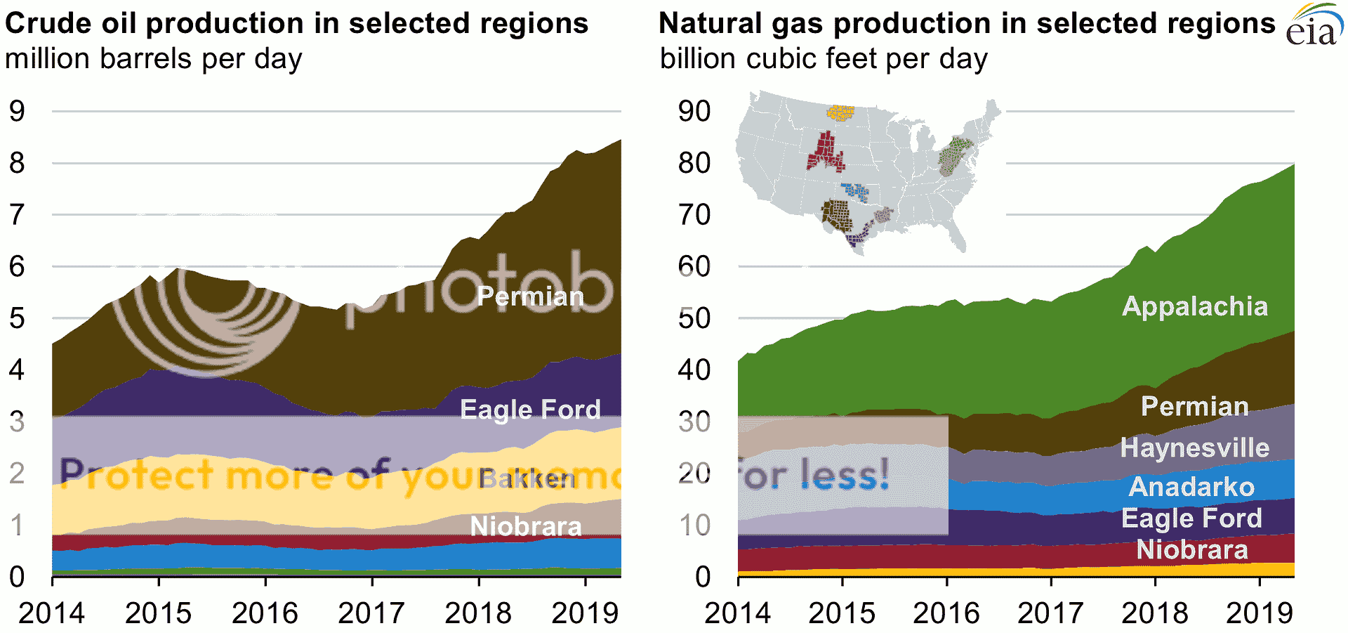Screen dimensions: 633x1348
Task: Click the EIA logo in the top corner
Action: [x=1312, y=27]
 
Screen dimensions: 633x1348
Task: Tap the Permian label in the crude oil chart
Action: [x=530, y=296]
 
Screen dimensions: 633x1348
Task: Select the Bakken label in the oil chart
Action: [x=527, y=478]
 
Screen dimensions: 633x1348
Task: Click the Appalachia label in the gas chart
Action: [x=1195, y=306]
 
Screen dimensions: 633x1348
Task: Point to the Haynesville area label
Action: [x=1194, y=448]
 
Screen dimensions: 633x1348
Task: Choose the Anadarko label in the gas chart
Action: [x=1191, y=486]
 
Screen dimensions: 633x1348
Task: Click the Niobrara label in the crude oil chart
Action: [x=526, y=526]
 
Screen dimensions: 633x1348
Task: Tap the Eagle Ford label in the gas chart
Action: [x=1191, y=518]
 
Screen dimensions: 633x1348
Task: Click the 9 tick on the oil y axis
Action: [x=17, y=111]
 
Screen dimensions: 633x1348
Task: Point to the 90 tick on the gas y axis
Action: [x=694, y=111]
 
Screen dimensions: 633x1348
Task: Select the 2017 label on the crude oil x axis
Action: [x=371, y=613]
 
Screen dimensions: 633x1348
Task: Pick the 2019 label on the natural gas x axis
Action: [x=1259, y=613]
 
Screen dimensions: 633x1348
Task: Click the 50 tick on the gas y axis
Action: [x=694, y=318]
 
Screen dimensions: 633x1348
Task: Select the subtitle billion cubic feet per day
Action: [x=824, y=59]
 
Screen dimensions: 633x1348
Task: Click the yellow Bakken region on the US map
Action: [x=840, y=112]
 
